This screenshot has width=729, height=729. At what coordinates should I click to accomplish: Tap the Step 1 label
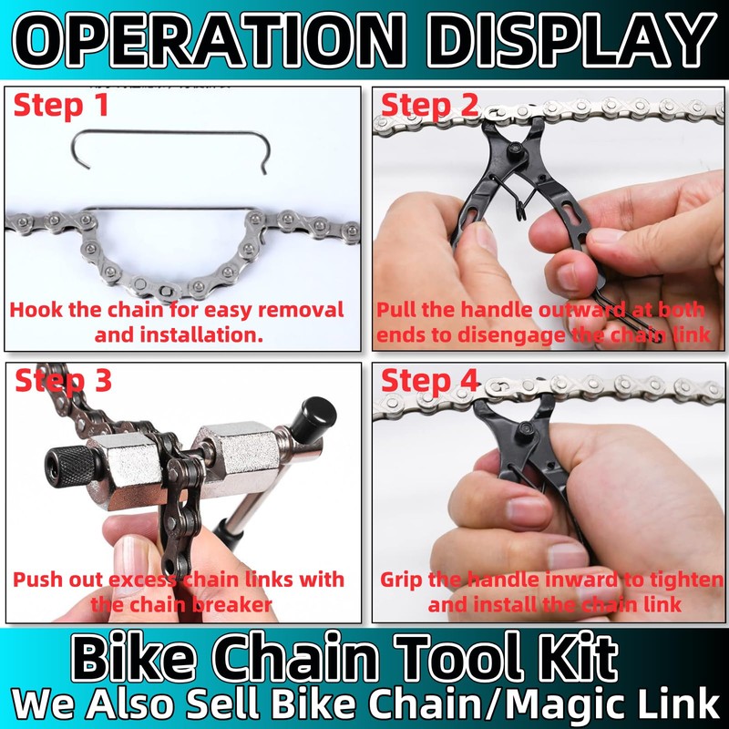(61, 106)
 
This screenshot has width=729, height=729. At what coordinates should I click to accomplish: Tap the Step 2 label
(429, 106)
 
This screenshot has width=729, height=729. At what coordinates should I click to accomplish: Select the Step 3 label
(63, 381)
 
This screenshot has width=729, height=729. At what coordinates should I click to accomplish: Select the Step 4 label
(429, 381)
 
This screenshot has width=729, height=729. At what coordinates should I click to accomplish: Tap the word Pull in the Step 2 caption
(398, 310)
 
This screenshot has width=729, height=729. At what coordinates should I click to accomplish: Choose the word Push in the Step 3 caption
(36, 580)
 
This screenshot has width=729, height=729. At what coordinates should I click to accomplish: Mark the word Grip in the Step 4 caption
(402, 580)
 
